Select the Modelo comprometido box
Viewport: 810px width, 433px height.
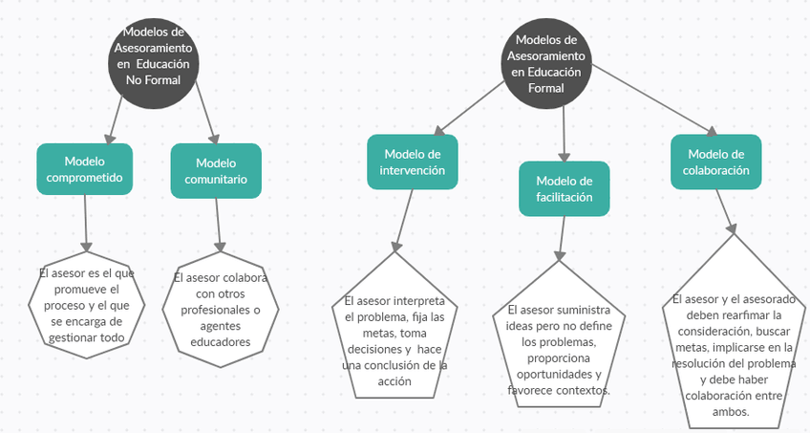tap(85, 169)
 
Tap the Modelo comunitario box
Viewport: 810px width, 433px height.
tap(215, 170)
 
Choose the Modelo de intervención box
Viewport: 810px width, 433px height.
tap(414, 162)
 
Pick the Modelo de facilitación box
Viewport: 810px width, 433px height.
tap(565, 189)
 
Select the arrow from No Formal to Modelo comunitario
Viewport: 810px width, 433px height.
tap(205, 119)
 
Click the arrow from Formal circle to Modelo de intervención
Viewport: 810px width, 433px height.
tap(468, 107)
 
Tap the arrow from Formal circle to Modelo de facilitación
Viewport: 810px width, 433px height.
tap(564, 134)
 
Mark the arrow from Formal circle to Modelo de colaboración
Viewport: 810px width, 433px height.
tap(654, 102)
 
